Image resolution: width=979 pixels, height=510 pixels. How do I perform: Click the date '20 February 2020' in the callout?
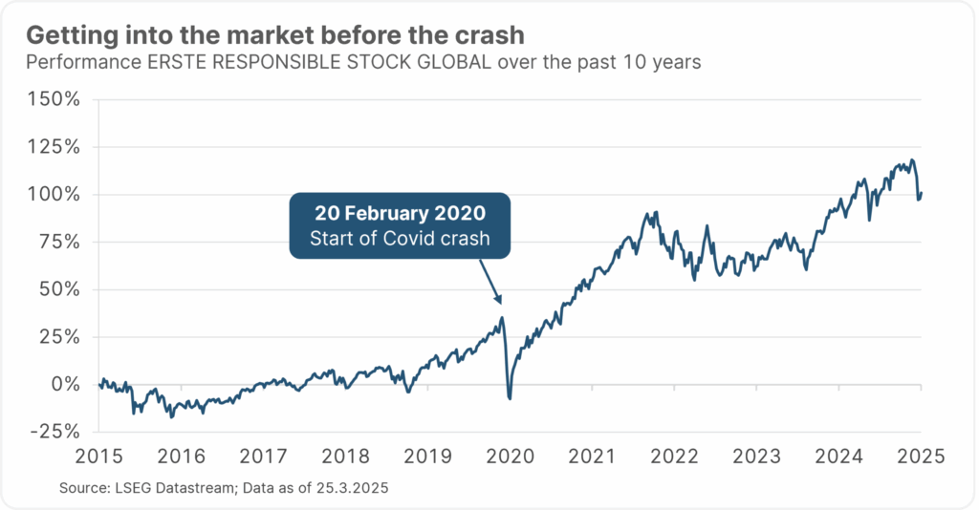tap(400, 212)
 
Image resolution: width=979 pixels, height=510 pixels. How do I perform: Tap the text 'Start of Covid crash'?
tap(400, 238)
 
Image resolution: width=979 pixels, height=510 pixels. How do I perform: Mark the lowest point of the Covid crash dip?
tap(510, 397)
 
